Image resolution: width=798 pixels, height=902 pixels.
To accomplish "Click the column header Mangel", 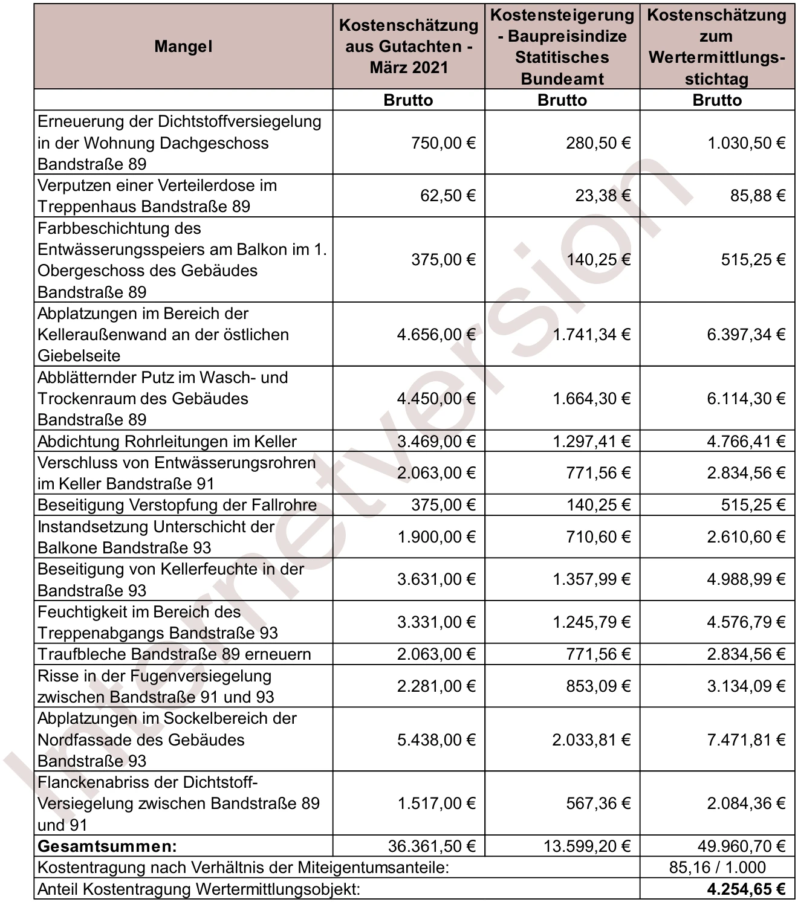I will [x=183, y=47].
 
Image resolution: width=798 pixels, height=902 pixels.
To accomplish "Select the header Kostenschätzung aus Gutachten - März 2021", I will [x=408, y=47].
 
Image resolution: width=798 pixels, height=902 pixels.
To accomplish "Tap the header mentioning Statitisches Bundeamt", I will [x=562, y=47].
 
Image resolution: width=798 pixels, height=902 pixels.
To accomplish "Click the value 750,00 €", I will [x=443, y=143].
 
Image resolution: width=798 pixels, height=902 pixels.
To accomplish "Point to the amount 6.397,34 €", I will [x=746, y=335].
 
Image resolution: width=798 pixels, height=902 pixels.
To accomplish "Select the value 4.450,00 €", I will [x=436, y=399].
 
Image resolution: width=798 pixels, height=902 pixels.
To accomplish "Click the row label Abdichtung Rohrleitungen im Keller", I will [x=167, y=442].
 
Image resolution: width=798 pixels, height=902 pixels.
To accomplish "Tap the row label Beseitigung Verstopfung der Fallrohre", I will [x=177, y=505].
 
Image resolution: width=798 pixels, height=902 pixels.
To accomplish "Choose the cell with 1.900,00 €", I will [x=436, y=537].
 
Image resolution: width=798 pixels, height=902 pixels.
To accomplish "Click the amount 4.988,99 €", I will [x=746, y=579].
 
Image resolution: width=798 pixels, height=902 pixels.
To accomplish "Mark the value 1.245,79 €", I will [x=591, y=622].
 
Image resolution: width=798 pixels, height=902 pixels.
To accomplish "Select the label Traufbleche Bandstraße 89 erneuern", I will [x=174, y=654].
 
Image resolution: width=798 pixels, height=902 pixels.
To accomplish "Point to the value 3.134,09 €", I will [x=746, y=686].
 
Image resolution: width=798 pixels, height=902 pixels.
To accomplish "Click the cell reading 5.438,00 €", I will [x=436, y=740].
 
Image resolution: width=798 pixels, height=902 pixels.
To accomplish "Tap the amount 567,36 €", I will [x=598, y=804].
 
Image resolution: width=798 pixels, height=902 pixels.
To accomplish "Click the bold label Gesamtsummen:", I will [x=107, y=846].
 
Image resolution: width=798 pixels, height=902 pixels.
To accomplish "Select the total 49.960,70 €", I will [x=741, y=846].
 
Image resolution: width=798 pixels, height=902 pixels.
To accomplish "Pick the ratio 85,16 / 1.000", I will [x=717, y=868].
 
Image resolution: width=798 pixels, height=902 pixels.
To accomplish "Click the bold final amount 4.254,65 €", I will [x=746, y=889].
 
